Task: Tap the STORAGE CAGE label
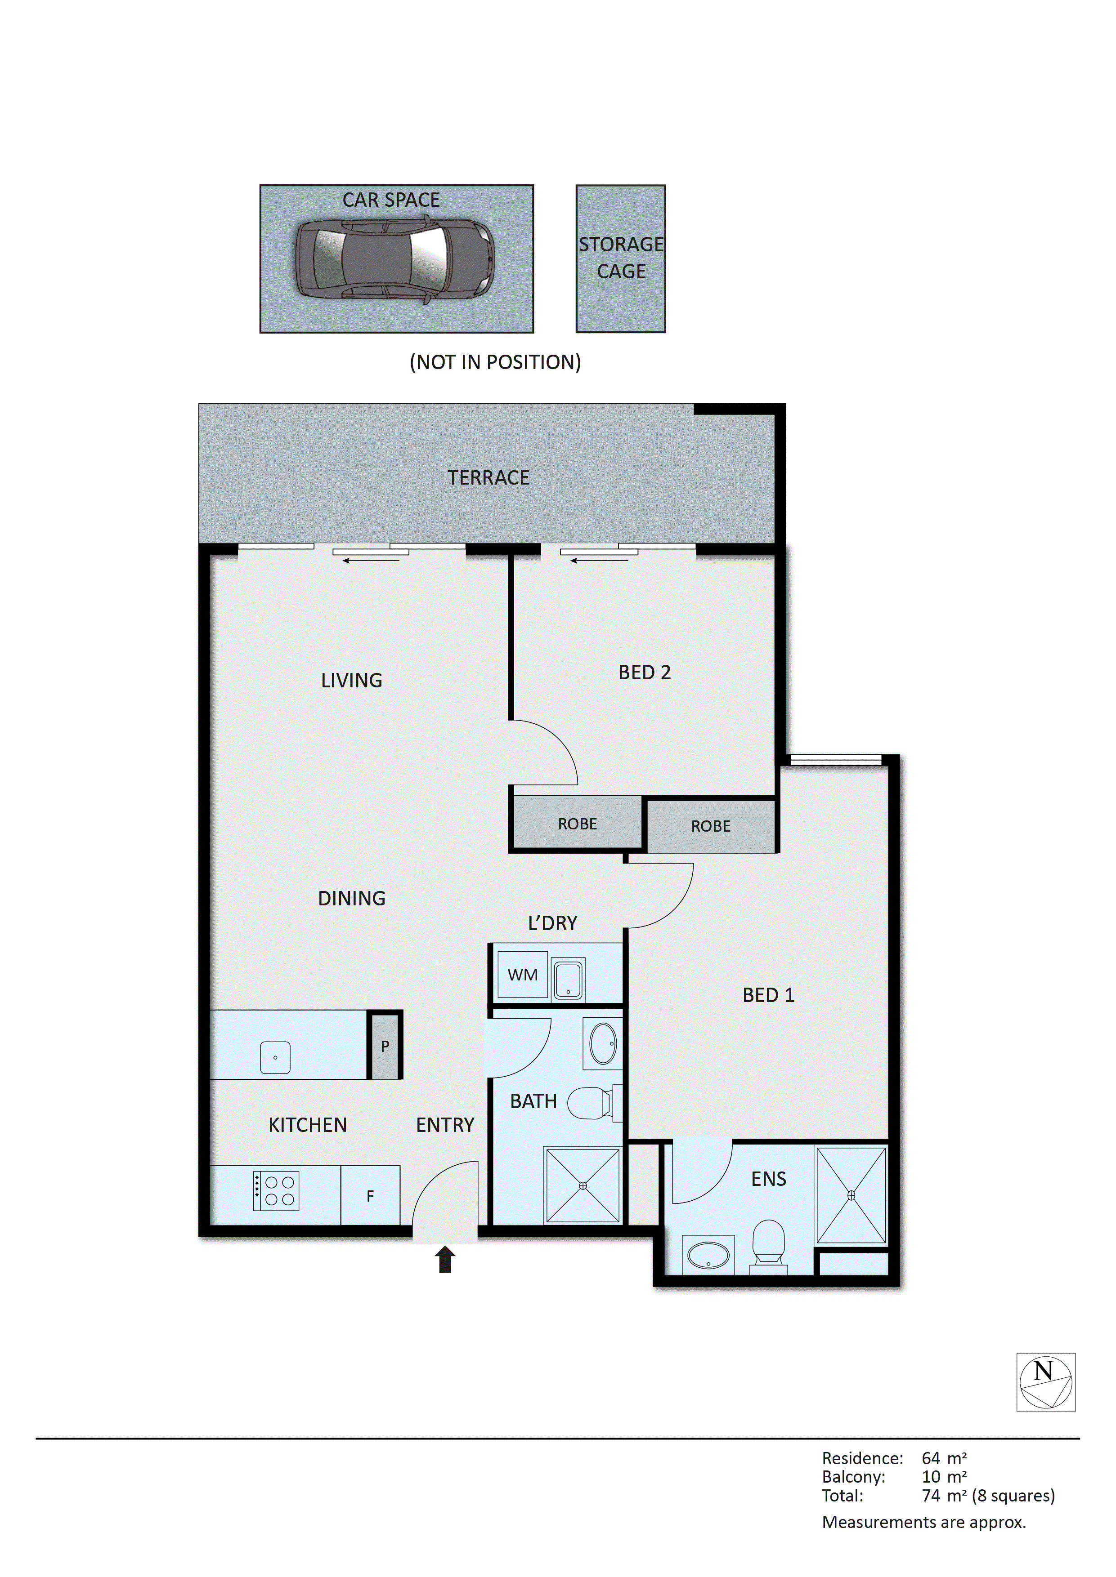[x=621, y=258]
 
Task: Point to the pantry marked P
[x=385, y=1047]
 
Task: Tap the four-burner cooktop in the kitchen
[x=276, y=1191]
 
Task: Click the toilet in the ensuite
[x=768, y=1242]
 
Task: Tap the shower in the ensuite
[x=851, y=1195]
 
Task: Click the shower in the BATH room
[x=582, y=1185]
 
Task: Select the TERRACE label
[x=488, y=477]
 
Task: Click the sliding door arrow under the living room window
[x=371, y=561]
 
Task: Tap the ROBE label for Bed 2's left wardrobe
[x=577, y=824]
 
